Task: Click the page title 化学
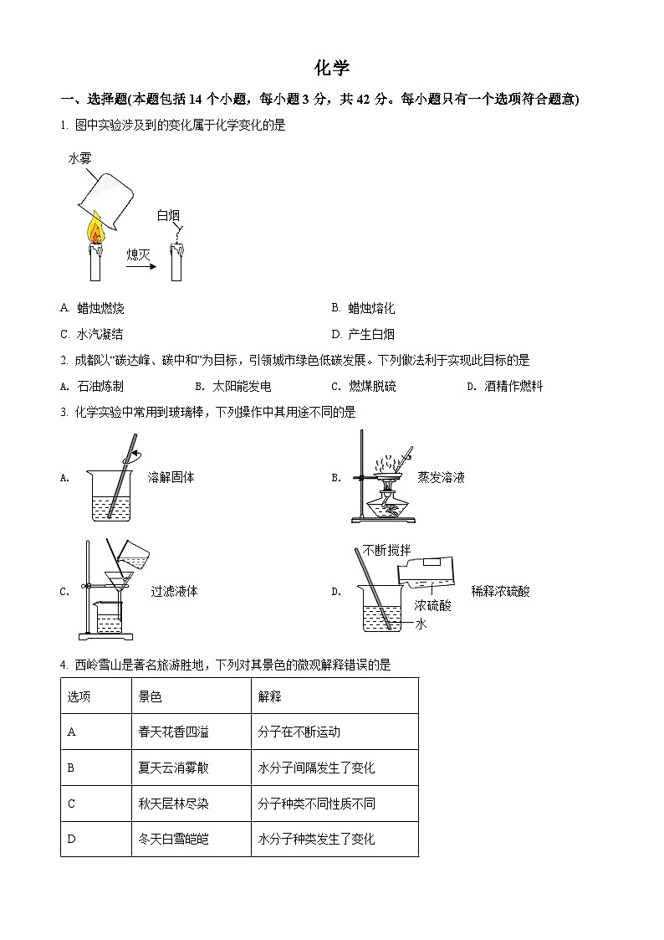pos(332,68)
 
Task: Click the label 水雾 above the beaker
pos(79,157)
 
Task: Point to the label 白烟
pos(168,216)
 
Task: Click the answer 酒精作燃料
pos(513,386)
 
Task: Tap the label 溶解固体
pos(171,477)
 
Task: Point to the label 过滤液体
pos(174,591)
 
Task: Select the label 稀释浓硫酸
pos(500,591)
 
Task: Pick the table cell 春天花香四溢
pos(174,732)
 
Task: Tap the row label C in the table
pos(72,804)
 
